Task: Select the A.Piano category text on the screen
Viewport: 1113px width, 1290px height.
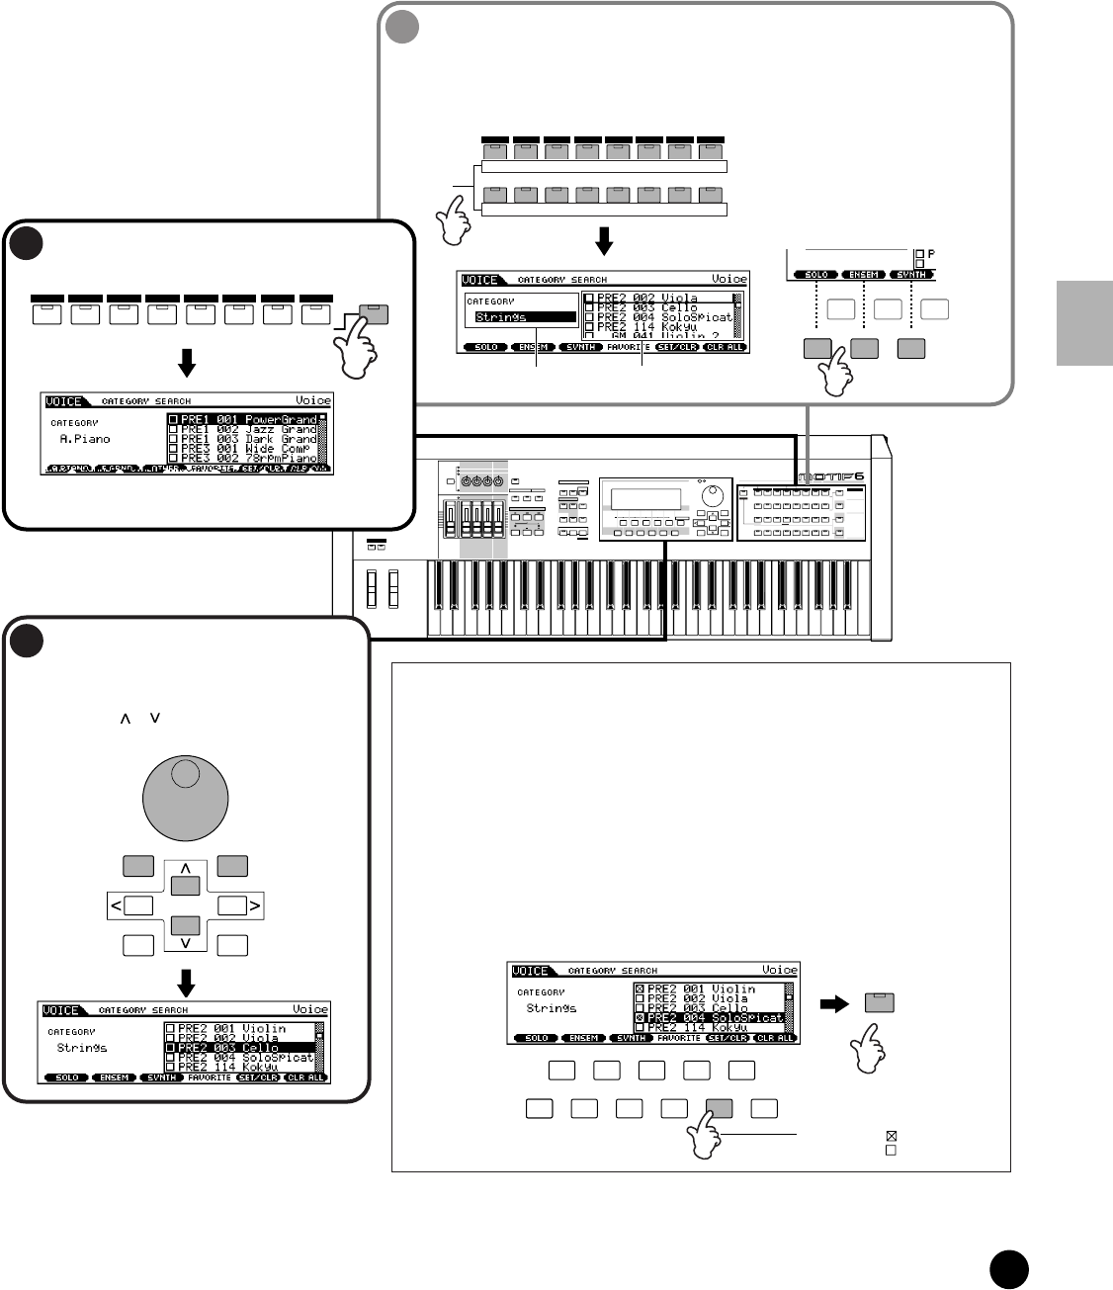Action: (x=84, y=439)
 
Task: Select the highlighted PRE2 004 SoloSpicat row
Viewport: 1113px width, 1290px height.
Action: (x=710, y=1017)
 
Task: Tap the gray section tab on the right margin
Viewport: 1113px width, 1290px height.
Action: (x=1083, y=322)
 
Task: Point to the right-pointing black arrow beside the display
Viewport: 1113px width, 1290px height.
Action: (x=835, y=1003)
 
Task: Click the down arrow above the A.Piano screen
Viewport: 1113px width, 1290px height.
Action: (x=186, y=365)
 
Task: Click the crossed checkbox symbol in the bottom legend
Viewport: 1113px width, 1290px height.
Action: (x=891, y=1137)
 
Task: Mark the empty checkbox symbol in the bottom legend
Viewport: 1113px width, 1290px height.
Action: (x=891, y=1151)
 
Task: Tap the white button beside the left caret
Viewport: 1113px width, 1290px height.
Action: (x=138, y=904)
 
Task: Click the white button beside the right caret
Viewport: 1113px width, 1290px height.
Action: (x=232, y=904)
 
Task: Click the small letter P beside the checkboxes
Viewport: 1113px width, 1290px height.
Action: (x=931, y=254)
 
